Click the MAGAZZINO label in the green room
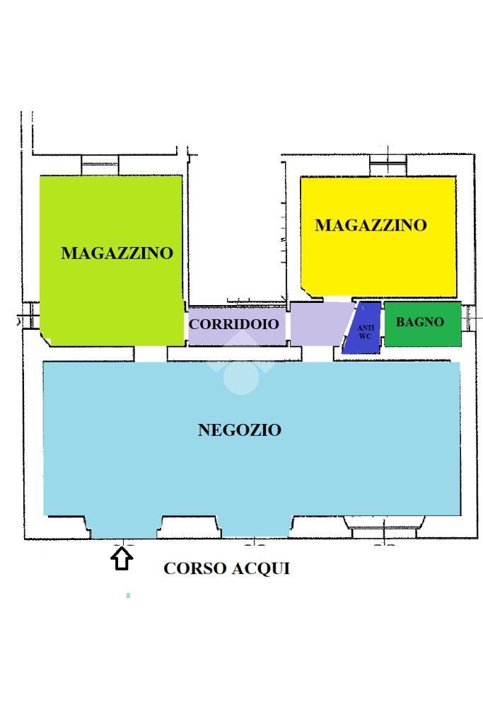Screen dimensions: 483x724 (x=117, y=253)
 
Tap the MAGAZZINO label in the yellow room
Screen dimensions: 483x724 (x=371, y=225)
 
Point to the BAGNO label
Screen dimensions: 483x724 (x=420, y=322)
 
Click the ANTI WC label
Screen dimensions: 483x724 (x=365, y=331)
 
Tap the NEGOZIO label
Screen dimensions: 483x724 (x=240, y=430)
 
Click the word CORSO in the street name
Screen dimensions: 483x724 (x=194, y=568)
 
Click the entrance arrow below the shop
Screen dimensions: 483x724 (x=122, y=558)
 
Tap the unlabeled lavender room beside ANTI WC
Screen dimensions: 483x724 (x=320, y=324)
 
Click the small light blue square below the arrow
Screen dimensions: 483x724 (x=128, y=596)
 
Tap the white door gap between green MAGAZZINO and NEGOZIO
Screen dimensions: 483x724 (x=150, y=354)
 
